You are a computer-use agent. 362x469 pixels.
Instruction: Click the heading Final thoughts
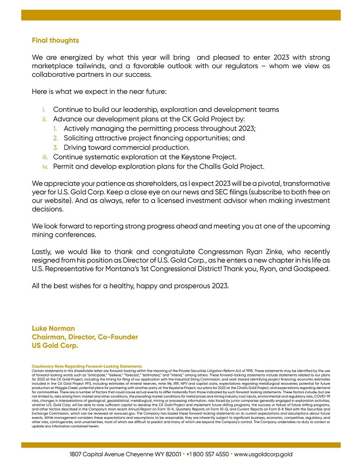(55, 41)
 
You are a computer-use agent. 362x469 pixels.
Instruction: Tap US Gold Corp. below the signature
(55, 345)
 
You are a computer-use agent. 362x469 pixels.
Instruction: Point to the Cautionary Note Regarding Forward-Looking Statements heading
(86, 366)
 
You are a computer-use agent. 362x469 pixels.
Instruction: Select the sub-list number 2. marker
(56, 138)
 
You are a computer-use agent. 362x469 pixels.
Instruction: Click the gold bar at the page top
(181, 15)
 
